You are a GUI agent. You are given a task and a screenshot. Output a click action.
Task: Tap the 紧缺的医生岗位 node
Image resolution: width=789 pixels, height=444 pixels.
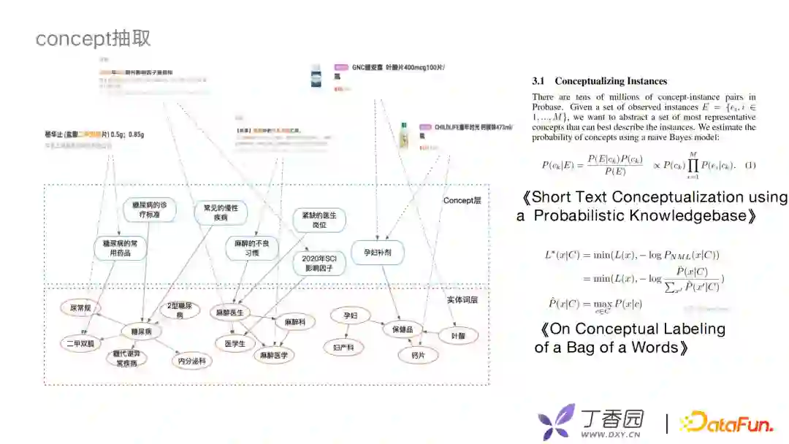tap(319, 220)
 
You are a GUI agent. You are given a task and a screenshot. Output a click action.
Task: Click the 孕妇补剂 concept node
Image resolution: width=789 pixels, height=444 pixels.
tap(378, 253)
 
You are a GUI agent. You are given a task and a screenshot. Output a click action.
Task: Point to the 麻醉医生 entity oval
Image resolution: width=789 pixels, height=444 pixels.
tap(232, 313)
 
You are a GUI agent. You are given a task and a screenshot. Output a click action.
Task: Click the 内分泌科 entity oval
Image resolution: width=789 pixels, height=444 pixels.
tap(191, 360)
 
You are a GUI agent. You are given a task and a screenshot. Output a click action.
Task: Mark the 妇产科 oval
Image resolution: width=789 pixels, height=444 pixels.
tap(343, 348)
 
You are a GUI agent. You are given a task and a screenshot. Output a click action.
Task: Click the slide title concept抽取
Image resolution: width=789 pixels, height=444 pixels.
tap(94, 38)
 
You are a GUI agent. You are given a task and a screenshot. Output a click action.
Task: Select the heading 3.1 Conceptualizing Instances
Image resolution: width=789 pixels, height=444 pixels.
tap(599, 81)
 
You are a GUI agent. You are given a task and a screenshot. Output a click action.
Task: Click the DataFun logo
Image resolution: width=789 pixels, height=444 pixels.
tap(726, 422)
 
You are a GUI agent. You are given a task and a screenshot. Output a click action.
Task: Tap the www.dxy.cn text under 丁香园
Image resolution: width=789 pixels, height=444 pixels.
tap(611, 435)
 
